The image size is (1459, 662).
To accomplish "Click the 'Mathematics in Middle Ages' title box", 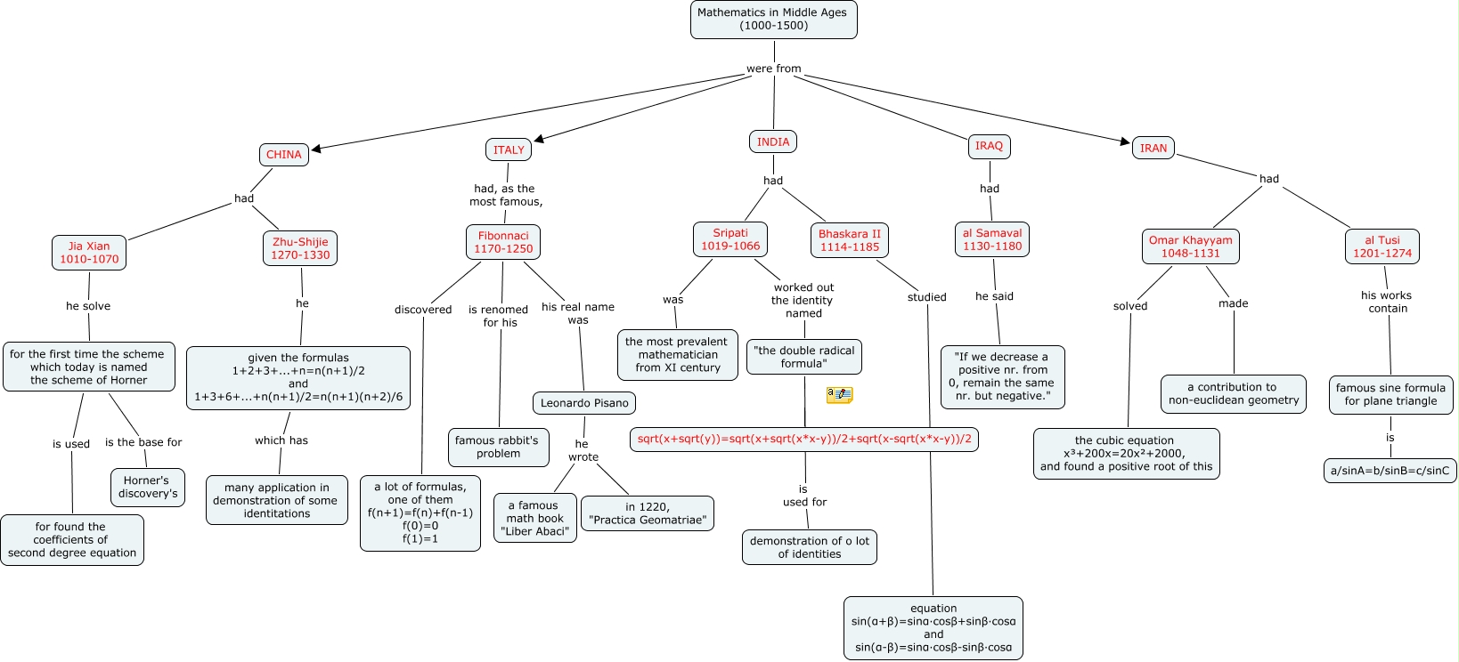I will (773, 20).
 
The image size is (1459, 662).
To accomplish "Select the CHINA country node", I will (284, 155).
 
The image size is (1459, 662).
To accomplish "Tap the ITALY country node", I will (509, 149).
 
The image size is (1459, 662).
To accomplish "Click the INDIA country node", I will (772, 142).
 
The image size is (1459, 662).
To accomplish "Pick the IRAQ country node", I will (989, 146).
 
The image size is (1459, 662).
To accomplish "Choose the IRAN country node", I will (1153, 149).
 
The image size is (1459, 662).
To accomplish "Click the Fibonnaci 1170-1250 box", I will (503, 242).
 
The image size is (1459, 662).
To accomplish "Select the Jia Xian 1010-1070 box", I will (89, 253).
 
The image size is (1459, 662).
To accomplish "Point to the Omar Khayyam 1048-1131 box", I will (1190, 246).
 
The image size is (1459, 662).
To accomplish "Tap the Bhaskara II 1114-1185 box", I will (850, 240).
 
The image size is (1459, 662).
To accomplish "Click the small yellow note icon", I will (839, 394).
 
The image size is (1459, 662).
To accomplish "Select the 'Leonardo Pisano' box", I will (584, 403).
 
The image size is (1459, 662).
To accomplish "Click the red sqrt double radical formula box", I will (804, 440).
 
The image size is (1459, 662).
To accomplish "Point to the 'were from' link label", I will (773, 69).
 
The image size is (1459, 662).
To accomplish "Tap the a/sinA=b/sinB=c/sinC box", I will (1390, 471).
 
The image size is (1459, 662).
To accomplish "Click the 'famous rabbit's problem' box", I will (498, 447).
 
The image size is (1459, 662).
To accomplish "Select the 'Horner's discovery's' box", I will (148, 487).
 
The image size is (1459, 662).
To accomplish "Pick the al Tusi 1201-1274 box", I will (1382, 246).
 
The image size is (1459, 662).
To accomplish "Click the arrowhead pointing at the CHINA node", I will (316, 149).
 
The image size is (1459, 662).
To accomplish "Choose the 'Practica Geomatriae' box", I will (648, 513).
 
